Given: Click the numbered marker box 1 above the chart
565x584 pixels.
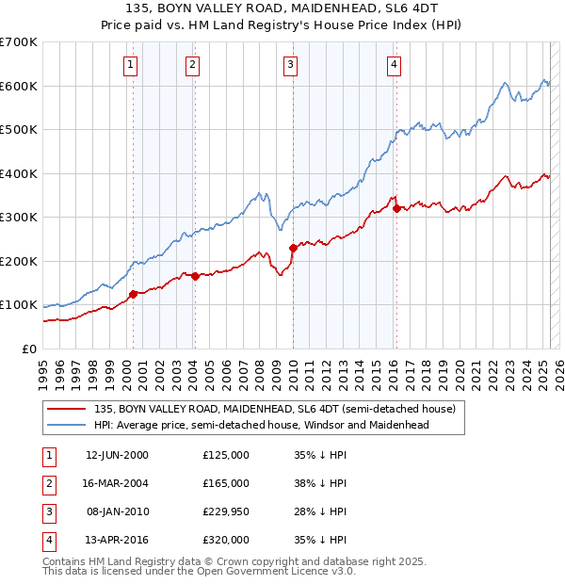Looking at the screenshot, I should tap(129, 64).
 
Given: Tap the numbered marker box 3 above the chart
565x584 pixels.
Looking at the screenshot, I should tap(290, 64).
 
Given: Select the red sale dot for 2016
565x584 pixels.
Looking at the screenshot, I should tap(396, 208).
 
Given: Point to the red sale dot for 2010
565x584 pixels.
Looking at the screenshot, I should tap(293, 248).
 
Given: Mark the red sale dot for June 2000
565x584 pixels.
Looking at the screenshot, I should tap(133, 294).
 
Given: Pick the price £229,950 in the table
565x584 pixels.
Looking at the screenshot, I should tap(226, 511).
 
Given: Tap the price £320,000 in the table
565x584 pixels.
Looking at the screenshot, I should tap(226, 540).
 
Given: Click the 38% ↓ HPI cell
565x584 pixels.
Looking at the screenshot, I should tap(321, 483).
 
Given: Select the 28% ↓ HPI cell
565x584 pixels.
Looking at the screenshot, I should tap(321, 511).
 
